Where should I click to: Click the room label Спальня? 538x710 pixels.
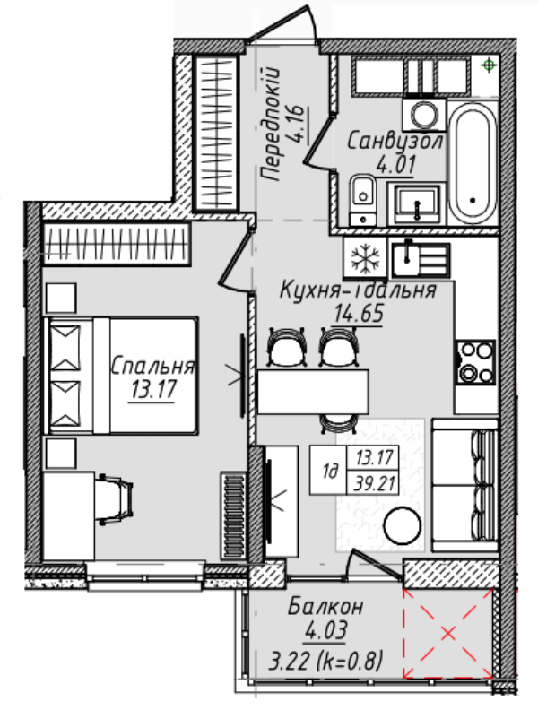coord(153,366)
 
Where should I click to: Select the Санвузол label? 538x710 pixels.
coord(395,142)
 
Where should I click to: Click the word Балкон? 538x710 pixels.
coord(326,607)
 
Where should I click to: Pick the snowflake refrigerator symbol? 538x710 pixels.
coord(365,257)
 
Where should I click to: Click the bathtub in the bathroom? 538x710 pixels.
coord(473,163)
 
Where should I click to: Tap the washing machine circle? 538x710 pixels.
coord(424,114)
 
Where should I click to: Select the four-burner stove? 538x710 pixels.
coord(476,363)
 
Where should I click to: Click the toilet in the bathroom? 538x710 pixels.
coord(363,200)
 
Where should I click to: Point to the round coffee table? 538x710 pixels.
coord(402,525)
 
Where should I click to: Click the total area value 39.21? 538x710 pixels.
coord(375,484)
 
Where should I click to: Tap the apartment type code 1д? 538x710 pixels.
coord(330,472)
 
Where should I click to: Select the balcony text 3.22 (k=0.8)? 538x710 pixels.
coord(326,661)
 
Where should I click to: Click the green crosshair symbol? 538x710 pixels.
coord(489,65)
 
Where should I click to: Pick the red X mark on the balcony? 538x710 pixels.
coord(448,633)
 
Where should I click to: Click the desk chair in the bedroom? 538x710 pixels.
coord(115,499)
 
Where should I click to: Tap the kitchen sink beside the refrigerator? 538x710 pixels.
coord(421,260)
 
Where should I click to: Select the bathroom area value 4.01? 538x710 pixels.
coord(395,164)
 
